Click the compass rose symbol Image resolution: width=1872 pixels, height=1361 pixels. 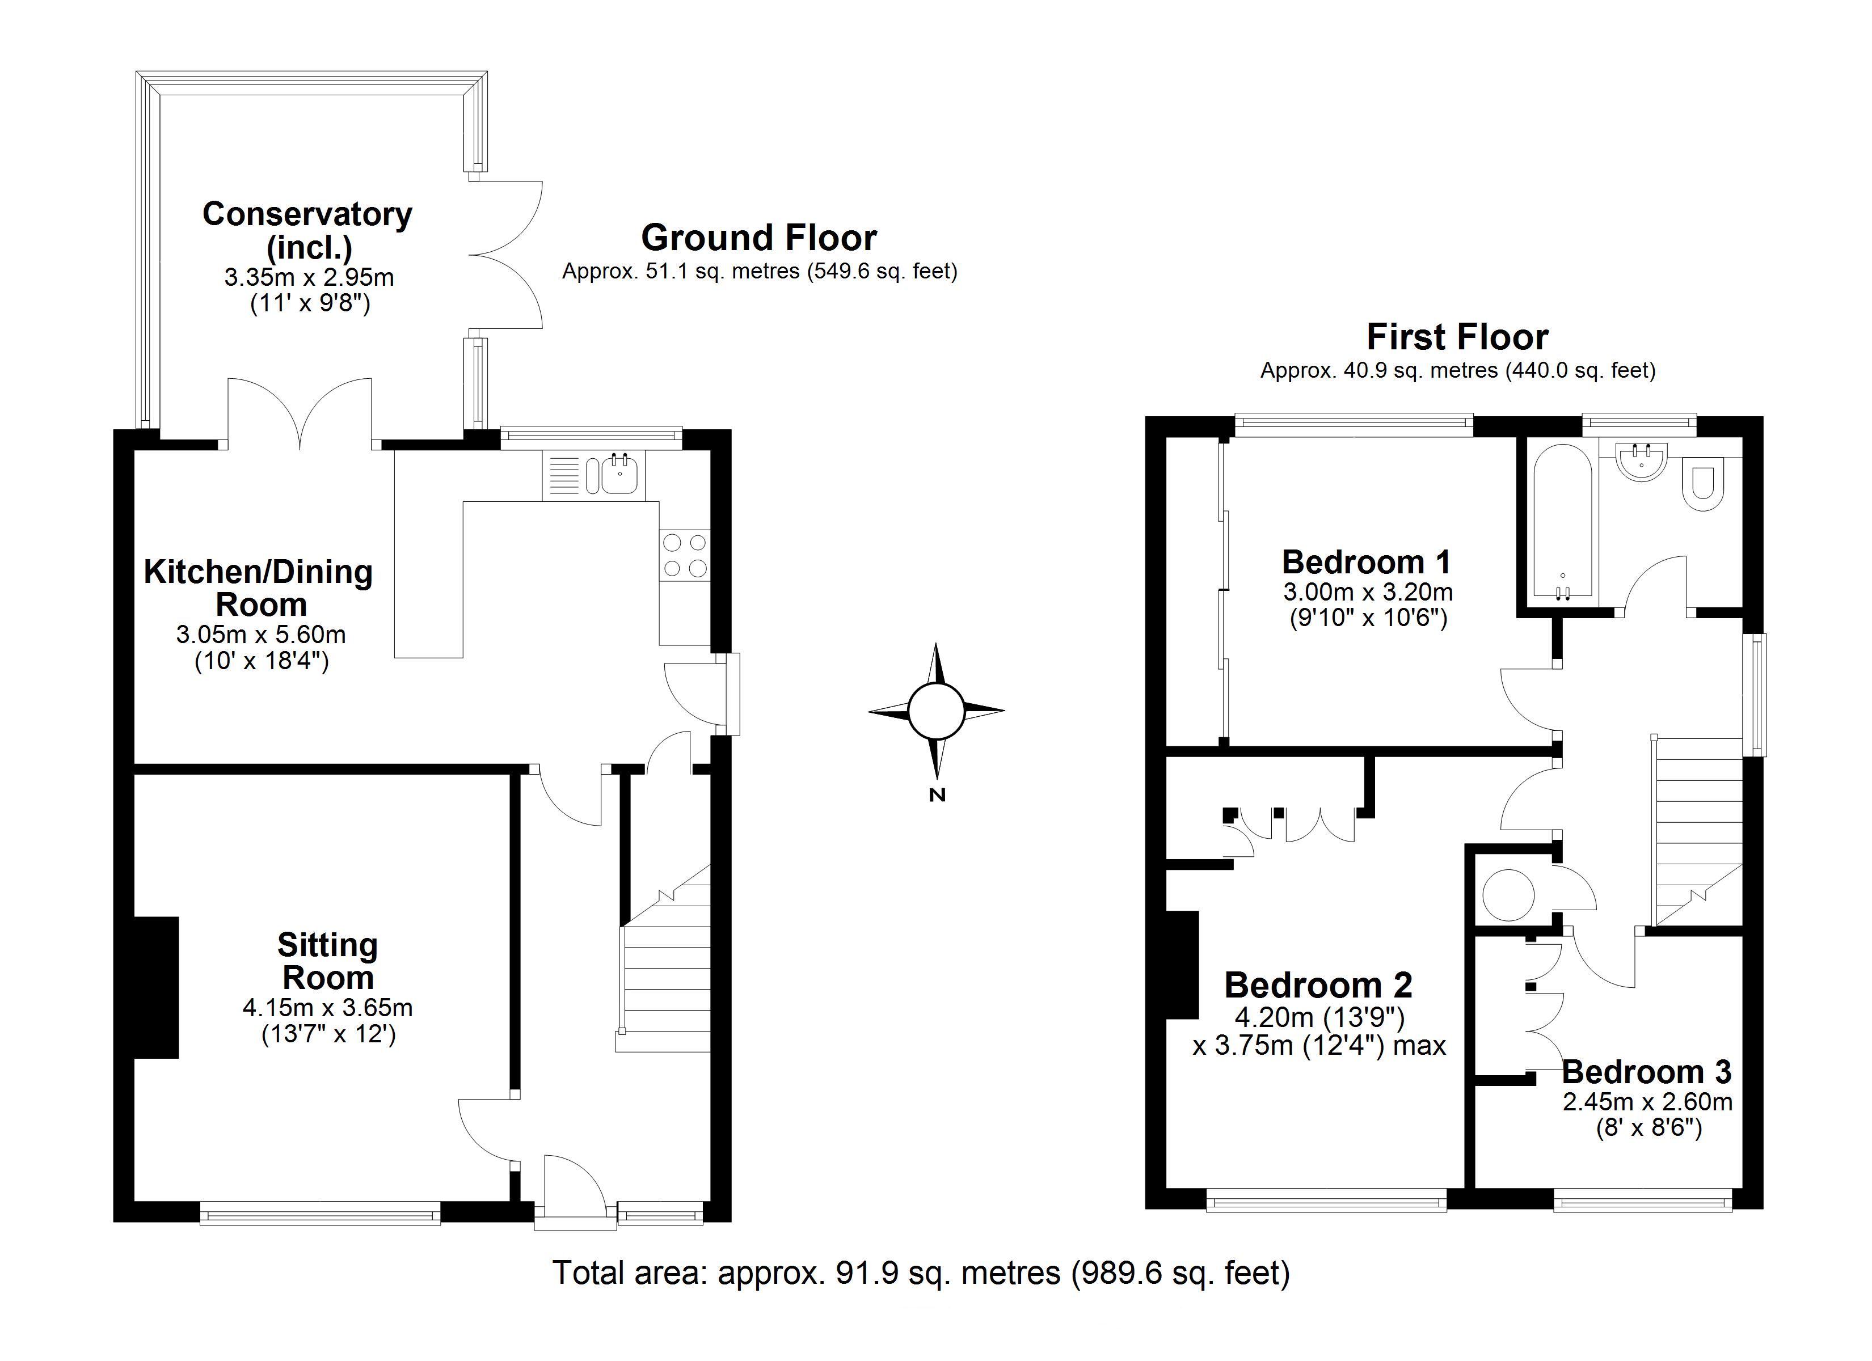(936, 711)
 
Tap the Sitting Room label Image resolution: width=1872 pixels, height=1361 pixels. (328, 961)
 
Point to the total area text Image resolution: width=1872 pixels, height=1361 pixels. (920, 1272)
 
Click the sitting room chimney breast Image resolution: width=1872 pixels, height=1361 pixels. (156, 987)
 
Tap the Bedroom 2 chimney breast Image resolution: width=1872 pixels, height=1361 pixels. (1182, 965)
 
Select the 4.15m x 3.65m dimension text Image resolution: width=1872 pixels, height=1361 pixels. (328, 1008)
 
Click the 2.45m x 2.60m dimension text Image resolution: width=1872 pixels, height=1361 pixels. (1647, 1101)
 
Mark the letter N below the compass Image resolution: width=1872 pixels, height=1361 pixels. (937, 796)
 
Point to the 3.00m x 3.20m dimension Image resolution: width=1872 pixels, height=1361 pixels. (1368, 592)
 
